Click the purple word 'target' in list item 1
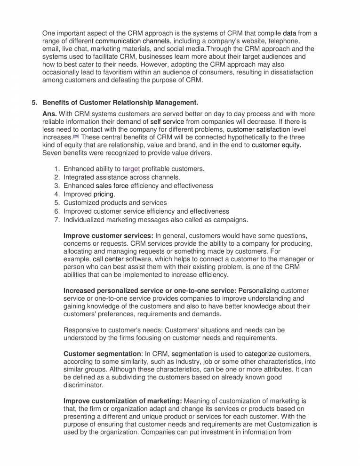131,169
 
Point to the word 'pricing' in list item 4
104,194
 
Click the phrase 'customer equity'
276,145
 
